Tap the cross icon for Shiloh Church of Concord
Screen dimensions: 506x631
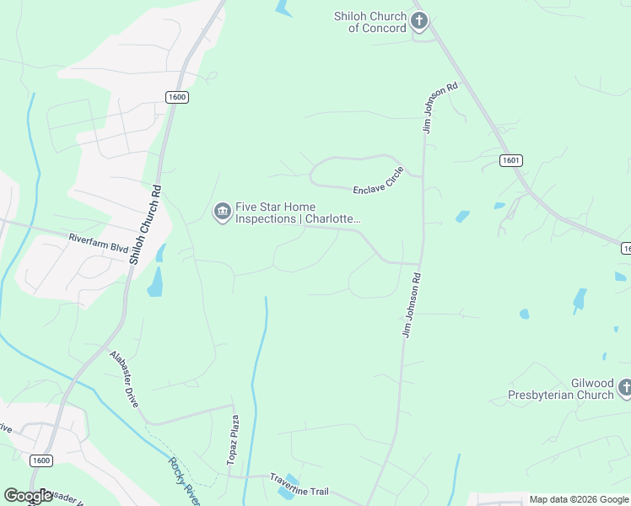(419, 21)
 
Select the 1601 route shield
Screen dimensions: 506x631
(510, 160)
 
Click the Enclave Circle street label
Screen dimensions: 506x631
(379, 182)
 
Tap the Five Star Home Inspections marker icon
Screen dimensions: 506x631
(222, 212)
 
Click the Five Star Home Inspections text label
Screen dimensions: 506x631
(297, 213)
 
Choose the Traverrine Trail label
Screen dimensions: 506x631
(299, 485)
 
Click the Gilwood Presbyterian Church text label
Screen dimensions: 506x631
(561, 389)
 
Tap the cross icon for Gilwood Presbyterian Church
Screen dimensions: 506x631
(625, 388)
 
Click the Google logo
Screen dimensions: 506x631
(29, 496)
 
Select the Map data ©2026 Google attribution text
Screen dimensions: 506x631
(578, 499)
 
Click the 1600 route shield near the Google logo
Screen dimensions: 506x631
(40, 460)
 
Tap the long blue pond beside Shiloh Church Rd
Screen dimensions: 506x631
(156, 282)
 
